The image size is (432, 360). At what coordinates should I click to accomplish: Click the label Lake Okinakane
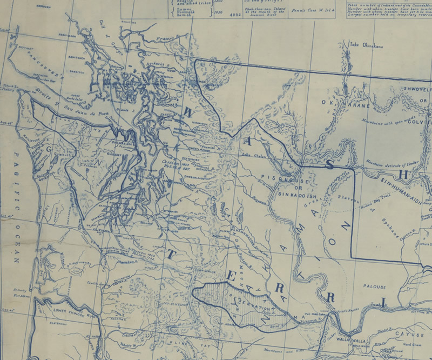366,46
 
